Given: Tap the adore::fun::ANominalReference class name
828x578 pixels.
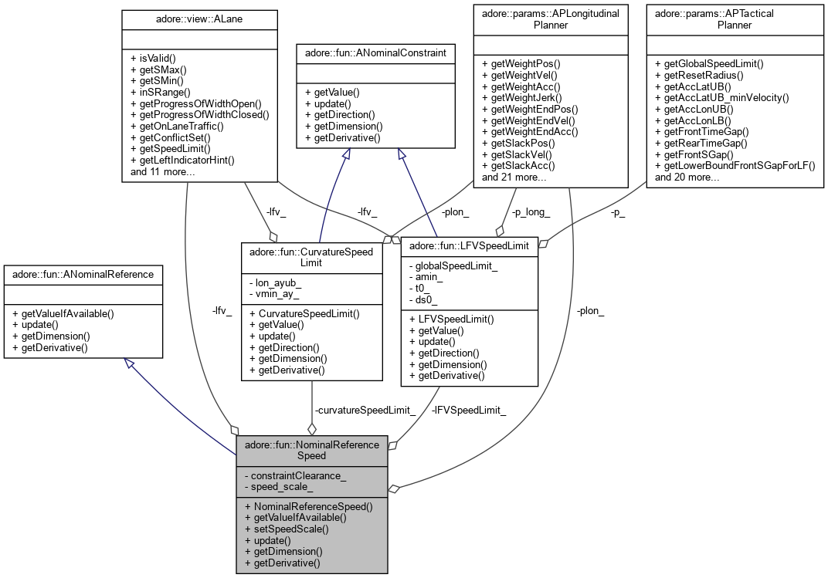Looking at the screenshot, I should [83, 273].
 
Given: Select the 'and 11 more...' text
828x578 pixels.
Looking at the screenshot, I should [162, 171].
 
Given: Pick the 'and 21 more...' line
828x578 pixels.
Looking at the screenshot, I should [514, 177].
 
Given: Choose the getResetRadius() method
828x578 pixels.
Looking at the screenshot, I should [698, 74].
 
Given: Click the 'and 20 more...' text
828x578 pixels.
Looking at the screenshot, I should [687, 177].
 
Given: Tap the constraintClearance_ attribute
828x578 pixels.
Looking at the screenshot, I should [298, 476].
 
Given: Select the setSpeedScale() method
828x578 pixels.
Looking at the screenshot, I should [287, 529].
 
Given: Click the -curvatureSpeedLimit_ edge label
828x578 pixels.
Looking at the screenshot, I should [365, 410].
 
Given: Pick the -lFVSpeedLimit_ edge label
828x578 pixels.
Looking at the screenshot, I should [470, 410].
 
